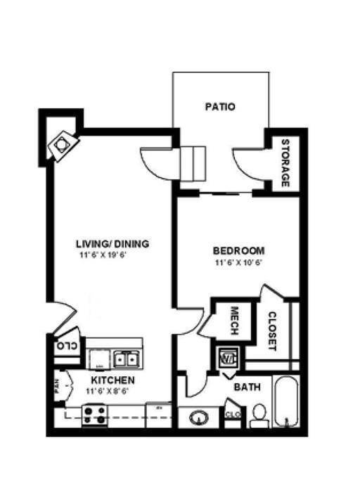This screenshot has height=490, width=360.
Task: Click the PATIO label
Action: click(219, 108)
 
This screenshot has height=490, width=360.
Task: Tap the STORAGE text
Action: click(285, 163)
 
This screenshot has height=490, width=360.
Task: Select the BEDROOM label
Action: click(239, 251)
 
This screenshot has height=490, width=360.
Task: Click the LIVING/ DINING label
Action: click(112, 245)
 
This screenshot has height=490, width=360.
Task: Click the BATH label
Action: click(247, 387)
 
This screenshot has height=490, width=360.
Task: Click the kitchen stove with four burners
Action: click(95, 415)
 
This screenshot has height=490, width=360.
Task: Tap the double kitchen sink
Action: click(125, 359)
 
